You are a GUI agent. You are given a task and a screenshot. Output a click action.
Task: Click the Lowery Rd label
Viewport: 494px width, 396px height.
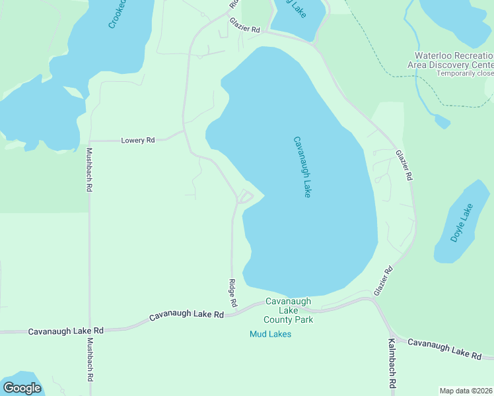coord(137,140)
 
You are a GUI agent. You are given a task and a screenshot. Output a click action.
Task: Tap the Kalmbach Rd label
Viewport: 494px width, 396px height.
coord(391,364)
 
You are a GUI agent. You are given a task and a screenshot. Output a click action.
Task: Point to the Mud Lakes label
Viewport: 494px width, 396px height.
coord(270,334)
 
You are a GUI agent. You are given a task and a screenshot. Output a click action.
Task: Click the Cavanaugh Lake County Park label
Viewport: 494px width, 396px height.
coord(288,310)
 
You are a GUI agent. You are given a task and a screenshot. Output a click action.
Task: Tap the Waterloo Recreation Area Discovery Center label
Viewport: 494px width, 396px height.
coord(454,60)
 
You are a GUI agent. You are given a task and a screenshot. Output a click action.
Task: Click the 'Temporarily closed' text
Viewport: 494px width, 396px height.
coord(465,73)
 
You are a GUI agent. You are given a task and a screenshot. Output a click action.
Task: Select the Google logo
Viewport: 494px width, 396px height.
coord(22,388)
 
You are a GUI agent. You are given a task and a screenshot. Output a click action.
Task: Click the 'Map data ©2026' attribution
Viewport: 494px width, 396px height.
coord(466,391)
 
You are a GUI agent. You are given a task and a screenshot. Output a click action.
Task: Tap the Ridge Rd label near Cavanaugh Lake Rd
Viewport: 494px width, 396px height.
coord(232,293)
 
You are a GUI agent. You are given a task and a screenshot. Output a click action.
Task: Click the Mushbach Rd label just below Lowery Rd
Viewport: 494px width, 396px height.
coord(89,170)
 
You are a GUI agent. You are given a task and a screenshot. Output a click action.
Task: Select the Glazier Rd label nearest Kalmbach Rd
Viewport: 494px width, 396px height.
coord(383,280)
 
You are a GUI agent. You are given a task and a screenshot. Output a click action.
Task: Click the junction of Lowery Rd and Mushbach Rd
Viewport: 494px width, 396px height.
coord(89,141)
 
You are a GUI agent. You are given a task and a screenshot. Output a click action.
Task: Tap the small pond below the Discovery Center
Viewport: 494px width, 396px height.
coord(442,121)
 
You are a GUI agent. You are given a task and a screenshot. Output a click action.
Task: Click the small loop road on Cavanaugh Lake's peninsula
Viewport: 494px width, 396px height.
coord(244,197)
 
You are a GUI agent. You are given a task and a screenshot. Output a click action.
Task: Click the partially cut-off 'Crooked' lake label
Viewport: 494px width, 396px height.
coord(118,13)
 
